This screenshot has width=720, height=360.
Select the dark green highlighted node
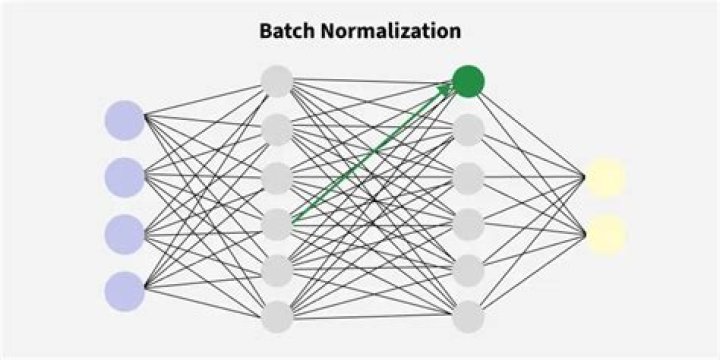point(468,80)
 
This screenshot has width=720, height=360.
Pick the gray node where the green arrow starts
point(277,222)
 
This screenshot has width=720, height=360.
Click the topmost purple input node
point(125,120)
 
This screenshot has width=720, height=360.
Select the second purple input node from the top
point(125,177)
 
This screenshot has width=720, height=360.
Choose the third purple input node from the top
point(125,234)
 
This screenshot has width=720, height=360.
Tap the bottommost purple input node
point(125,290)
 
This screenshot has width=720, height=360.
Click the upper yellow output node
point(606,177)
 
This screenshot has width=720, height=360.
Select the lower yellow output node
point(606,234)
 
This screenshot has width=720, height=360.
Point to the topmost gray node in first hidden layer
point(277,80)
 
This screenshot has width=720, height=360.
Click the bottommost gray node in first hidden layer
point(277,317)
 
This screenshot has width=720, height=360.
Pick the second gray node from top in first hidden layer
point(277,128)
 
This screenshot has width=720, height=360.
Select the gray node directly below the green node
point(468,128)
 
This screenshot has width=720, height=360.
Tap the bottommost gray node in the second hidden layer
point(468,317)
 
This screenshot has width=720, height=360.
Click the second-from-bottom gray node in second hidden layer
point(468,270)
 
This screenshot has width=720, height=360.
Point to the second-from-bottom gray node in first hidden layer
point(277,270)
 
